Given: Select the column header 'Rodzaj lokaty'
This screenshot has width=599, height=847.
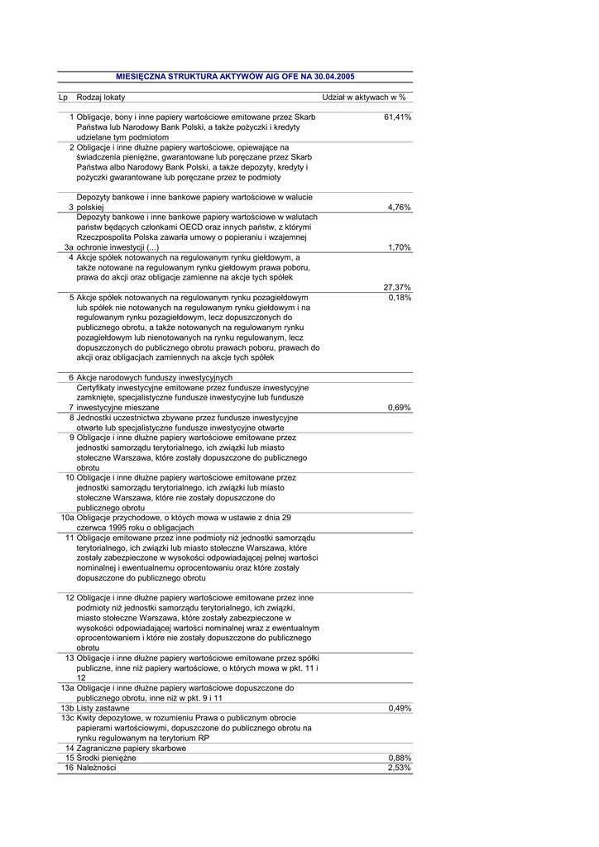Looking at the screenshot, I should [101, 98].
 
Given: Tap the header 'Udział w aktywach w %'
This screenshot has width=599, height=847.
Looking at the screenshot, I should [357, 98].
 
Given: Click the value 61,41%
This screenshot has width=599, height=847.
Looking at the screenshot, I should [398, 117].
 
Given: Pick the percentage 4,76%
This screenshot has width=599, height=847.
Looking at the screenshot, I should [400, 207].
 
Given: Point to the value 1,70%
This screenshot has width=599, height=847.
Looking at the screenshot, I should [400, 246].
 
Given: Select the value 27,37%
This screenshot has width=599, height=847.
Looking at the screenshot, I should [397, 286].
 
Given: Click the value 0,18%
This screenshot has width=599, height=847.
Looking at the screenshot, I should [400, 297].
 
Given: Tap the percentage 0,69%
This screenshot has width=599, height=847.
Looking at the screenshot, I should [400, 407].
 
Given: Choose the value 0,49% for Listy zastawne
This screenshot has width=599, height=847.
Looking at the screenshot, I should [400, 708].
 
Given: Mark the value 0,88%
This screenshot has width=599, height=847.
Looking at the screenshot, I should [400, 758].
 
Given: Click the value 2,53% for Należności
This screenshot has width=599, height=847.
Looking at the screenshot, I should [400, 768].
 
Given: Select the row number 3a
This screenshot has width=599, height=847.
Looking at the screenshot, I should [69, 246].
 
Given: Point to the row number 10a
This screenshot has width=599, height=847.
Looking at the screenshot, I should [67, 517].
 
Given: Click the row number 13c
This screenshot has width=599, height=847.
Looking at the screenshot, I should [67, 718].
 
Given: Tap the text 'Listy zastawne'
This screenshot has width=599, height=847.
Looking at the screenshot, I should [103, 708].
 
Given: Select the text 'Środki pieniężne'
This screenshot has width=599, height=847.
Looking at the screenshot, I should [106, 758].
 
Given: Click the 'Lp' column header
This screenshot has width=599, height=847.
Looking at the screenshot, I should [63, 98].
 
